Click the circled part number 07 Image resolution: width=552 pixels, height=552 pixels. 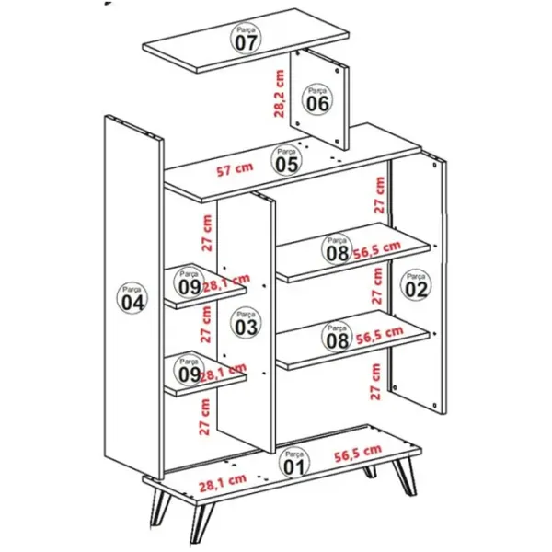[x=246, y=39]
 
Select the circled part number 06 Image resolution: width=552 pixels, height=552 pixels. [x=317, y=99]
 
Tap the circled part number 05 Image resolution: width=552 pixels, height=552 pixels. [x=286, y=160]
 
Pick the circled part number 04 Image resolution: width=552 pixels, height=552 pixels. [x=132, y=298]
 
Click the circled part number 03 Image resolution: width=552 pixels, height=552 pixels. [x=246, y=323]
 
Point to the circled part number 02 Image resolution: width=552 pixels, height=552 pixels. [x=416, y=285]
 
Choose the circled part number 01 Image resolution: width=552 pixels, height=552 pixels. [x=294, y=464]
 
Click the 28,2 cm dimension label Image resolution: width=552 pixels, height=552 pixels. [x=279, y=94]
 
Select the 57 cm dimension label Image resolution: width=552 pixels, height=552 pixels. [x=235, y=169]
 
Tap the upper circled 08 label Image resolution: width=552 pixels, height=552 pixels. [x=337, y=249]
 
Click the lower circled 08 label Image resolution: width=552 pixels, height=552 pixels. [x=337, y=337]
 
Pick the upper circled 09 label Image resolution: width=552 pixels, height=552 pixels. [x=190, y=283]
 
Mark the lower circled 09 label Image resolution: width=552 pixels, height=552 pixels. [x=190, y=371]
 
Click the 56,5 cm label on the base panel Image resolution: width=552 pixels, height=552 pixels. [x=358, y=454]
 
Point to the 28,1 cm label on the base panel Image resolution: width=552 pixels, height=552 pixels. [x=223, y=483]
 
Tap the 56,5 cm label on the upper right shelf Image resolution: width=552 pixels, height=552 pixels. [x=377, y=250]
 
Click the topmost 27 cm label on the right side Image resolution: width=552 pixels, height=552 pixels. [x=379, y=195]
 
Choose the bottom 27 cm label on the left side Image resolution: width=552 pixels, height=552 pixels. [x=204, y=417]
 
